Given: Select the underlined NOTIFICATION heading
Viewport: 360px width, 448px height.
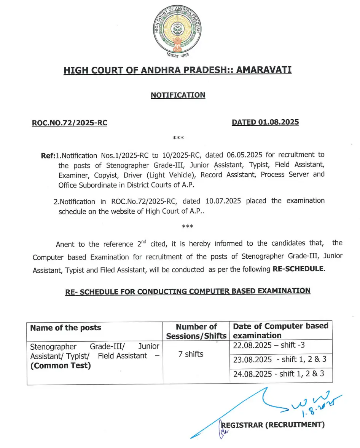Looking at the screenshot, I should pos(178,95).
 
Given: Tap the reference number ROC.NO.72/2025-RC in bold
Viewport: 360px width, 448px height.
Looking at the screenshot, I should pos(70,123).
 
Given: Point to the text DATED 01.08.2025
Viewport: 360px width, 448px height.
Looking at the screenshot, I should pos(265,122).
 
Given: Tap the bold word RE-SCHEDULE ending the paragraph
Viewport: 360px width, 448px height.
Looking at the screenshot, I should pos(299,269).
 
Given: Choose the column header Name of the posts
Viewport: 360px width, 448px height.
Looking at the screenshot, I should pos(66,328).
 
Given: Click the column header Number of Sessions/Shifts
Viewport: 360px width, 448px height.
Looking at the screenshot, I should pos(196,331).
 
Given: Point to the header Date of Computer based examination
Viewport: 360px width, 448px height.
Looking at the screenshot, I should pos(280,331).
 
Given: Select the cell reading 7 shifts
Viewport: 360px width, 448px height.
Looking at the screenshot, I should pos(191,354).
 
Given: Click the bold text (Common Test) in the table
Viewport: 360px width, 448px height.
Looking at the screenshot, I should pos(61,366).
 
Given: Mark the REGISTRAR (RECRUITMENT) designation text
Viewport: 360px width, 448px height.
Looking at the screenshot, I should pos(273,424).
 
